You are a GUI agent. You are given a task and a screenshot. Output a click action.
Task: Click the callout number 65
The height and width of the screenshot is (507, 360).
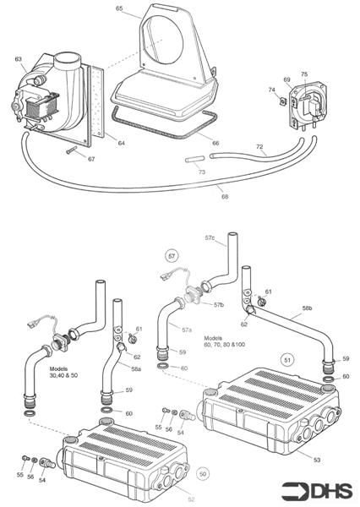(x=119, y=8)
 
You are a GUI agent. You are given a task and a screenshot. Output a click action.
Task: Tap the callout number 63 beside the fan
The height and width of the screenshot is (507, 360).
(x=19, y=59)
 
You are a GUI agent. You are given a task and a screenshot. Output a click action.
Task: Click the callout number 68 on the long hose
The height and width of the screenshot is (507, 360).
(x=225, y=197)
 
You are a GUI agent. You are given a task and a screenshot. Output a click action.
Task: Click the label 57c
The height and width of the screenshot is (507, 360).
(x=210, y=239)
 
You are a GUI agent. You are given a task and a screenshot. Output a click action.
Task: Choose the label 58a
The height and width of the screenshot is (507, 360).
(x=136, y=369)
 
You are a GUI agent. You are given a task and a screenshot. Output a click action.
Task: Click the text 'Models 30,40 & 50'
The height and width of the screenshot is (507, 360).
(x=64, y=373)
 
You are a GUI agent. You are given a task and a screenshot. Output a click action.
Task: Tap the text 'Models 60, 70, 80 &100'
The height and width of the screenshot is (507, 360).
(x=222, y=340)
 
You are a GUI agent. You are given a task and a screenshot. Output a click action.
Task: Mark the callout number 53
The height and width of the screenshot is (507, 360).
(x=317, y=459)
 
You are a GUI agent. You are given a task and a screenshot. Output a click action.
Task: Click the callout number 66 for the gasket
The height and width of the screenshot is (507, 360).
(x=215, y=144)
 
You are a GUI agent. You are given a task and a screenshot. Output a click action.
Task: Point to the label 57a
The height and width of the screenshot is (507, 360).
(x=187, y=327)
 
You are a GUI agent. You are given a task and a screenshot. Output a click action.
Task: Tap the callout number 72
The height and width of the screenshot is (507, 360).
(x=260, y=147)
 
